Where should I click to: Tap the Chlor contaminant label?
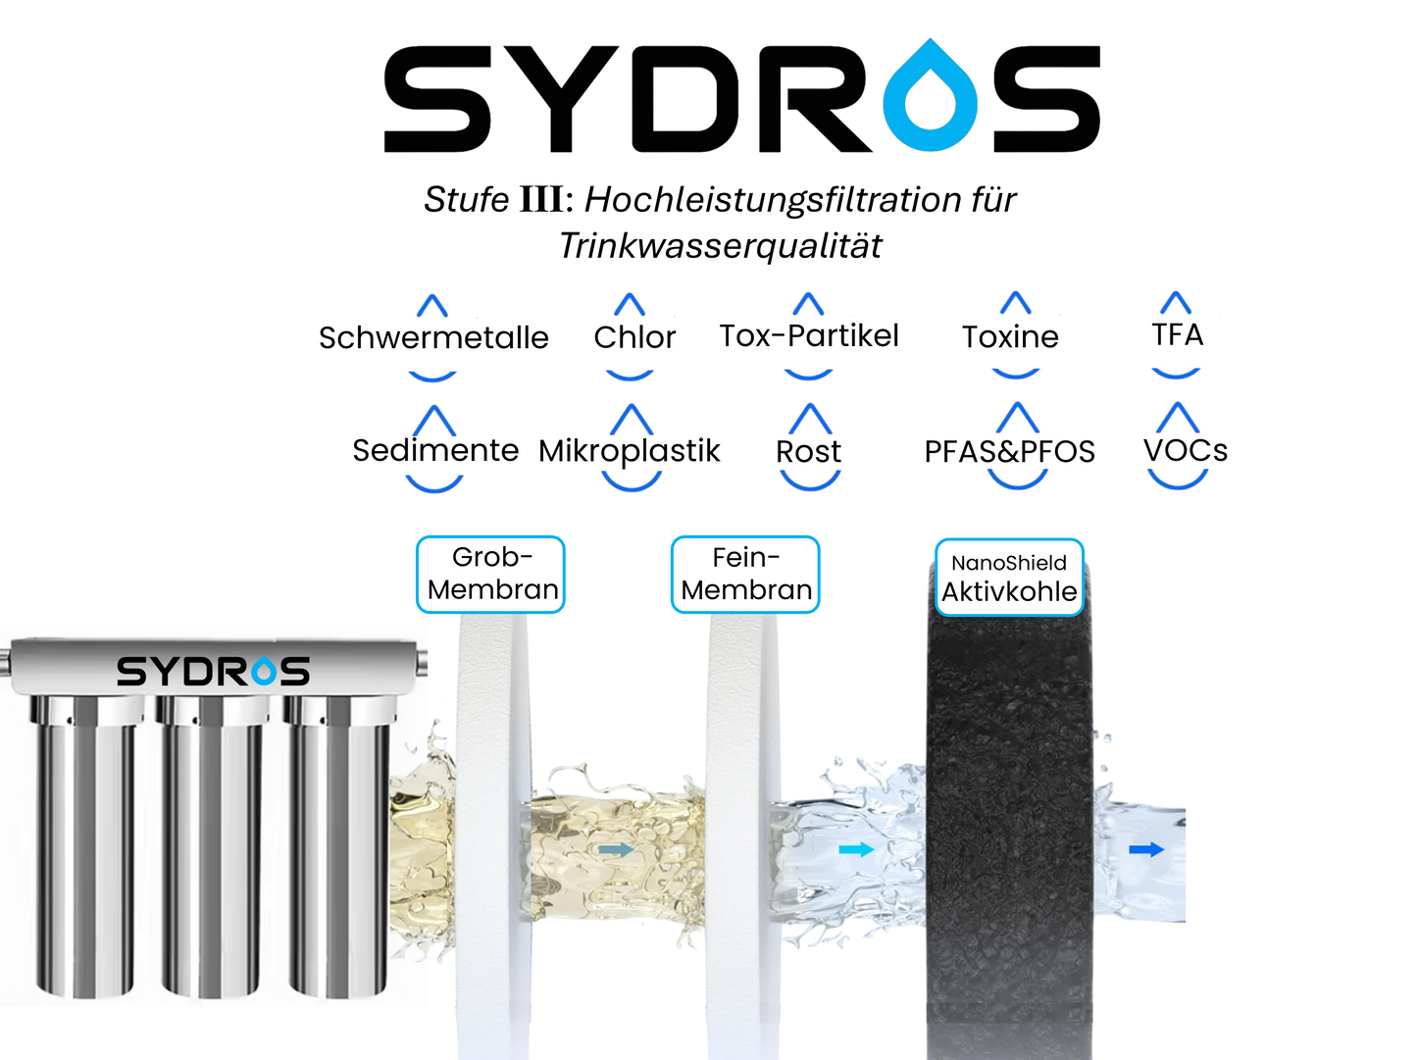pos(634,337)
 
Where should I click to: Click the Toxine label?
pos(1010,337)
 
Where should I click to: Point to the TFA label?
pos(1177,334)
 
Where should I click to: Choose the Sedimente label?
pos(435,450)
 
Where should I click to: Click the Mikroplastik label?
pos(633,451)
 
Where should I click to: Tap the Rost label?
pos(808,452)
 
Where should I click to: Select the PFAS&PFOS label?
pos(1010,452)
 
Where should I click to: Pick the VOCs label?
pos(1185,451)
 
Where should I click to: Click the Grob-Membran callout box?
pos(491,575)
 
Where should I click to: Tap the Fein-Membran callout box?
pos(746,575)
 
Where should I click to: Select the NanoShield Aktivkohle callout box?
pos(1009,578)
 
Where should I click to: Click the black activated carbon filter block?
pos(1009,833)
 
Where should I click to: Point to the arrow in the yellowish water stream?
pos(615,849)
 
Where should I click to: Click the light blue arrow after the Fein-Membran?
pos(855,849)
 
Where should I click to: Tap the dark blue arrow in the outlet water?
pos(1145,849)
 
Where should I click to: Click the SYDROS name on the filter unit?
pos(213,672)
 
